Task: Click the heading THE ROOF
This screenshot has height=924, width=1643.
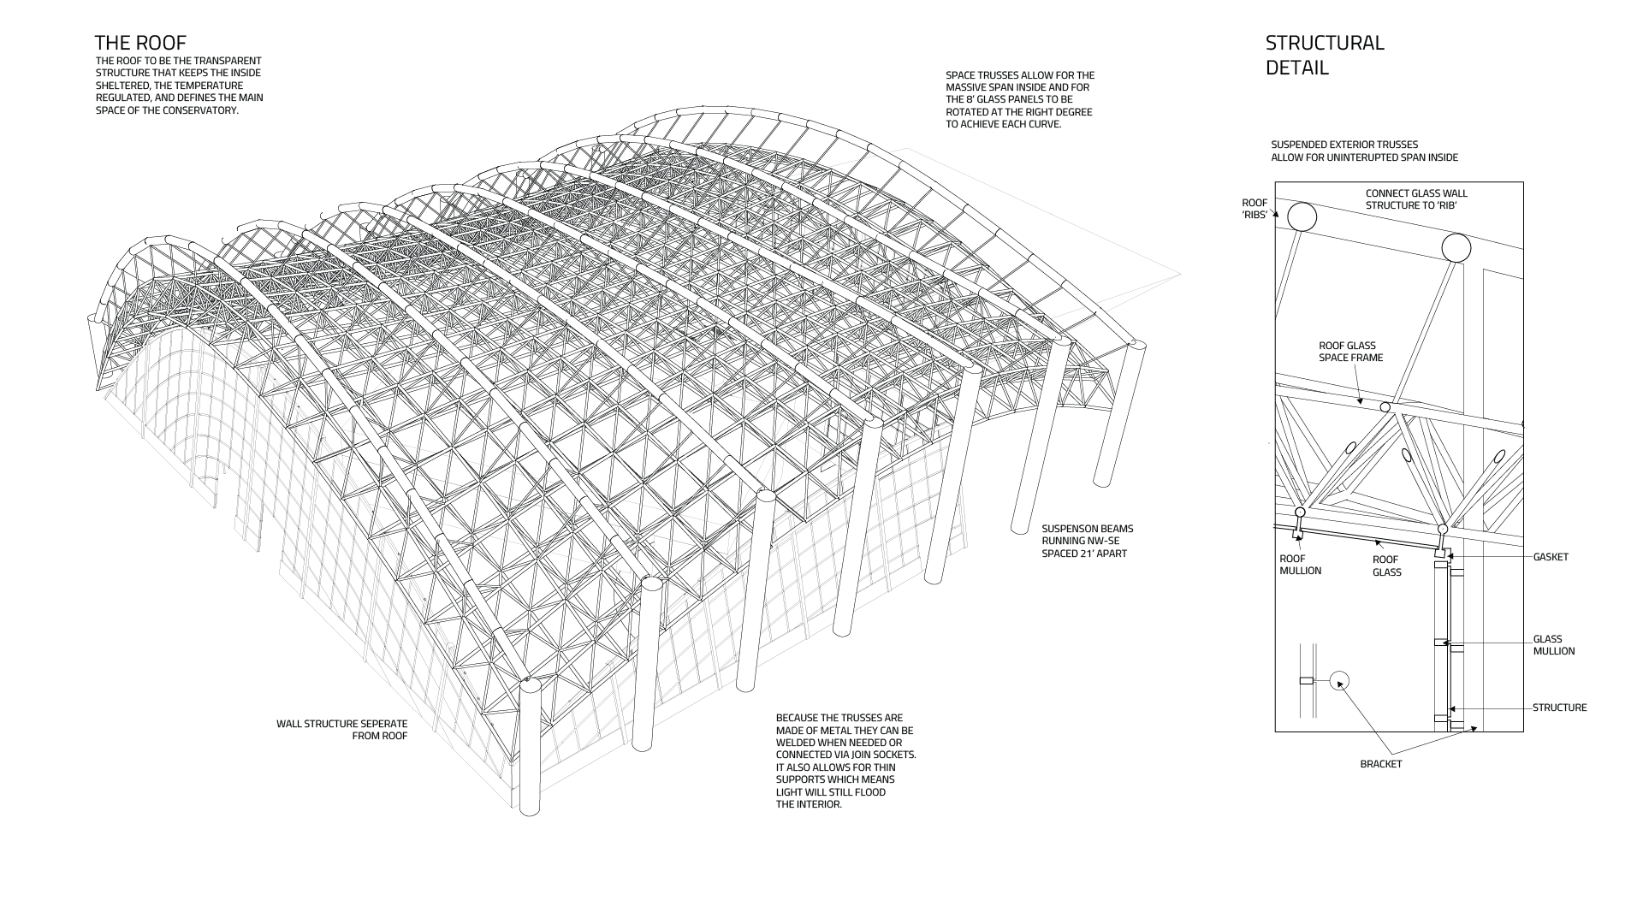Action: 140,44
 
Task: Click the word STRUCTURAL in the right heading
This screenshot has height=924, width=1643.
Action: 1325,44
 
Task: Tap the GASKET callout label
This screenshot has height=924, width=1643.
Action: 1551,558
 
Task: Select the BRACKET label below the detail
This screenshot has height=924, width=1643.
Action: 1381,764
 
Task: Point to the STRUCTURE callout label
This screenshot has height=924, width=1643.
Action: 1559,708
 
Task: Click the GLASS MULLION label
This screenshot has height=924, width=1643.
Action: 1553,645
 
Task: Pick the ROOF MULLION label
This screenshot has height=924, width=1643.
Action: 1300,565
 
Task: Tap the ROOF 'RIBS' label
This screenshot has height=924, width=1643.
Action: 1254,209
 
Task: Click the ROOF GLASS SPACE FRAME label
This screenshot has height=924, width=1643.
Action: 1350,352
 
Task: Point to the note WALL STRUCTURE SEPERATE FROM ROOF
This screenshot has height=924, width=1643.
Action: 342,730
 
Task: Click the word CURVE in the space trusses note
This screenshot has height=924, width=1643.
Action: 1042,124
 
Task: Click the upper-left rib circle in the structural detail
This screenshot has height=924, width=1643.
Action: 1302,216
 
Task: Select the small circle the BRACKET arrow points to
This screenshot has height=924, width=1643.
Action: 1338,681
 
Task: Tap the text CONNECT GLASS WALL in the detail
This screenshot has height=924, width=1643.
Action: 1416,193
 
